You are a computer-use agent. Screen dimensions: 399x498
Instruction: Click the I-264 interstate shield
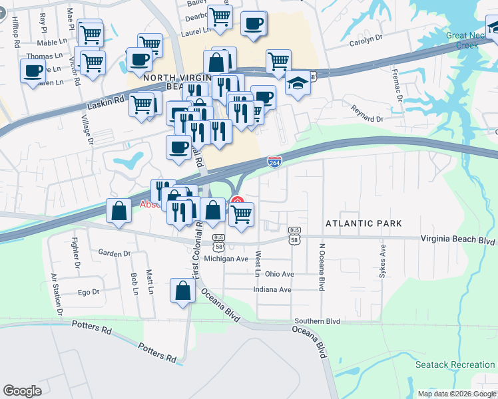274,161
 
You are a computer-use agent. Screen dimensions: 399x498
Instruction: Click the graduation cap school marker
298,84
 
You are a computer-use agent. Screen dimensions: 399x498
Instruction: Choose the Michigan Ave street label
226,259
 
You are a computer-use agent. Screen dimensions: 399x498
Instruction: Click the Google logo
23,391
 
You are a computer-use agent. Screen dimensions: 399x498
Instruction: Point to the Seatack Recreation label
455,364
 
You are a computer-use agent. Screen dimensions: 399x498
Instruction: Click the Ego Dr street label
89,292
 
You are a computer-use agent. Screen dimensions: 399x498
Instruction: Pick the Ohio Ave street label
279,274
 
